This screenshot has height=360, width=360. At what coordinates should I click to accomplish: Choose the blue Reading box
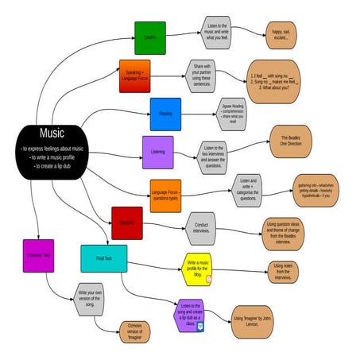[x=165, y=114]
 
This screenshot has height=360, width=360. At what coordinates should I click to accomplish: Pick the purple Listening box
[x=158, y=152]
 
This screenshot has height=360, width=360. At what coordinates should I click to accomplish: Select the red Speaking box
[x=127, y=223]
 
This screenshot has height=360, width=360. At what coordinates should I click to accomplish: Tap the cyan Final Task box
[x=103, y=258]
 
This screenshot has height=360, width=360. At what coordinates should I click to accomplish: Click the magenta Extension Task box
[x=38, y=255]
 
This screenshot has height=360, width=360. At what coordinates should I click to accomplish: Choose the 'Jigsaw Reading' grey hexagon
[x=232, y=115]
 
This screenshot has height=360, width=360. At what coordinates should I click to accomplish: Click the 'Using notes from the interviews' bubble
[x=283, y=271]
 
